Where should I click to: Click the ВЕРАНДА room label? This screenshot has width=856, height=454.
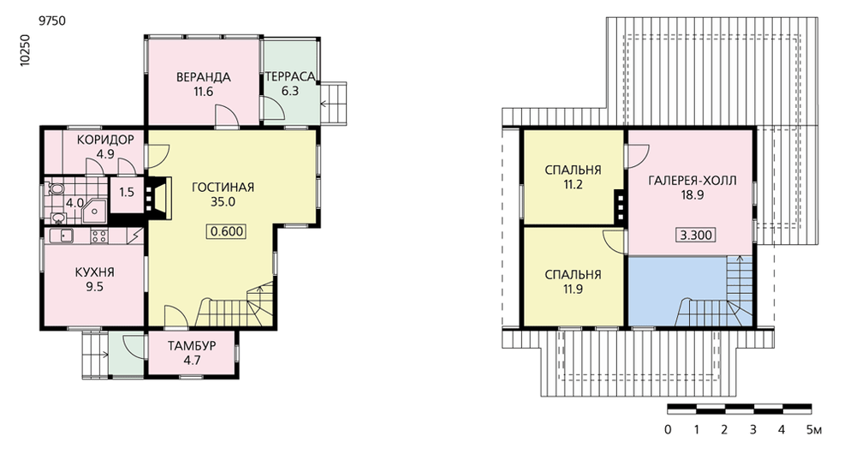203,78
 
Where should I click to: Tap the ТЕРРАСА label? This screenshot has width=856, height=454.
290,77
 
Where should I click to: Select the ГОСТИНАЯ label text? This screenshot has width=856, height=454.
223,188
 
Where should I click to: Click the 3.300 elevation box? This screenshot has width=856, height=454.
695,236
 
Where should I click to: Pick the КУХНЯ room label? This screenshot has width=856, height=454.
94,272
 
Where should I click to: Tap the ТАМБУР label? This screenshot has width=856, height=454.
192,346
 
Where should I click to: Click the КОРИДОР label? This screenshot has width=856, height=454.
105,140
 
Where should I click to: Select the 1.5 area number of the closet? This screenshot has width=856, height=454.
127,193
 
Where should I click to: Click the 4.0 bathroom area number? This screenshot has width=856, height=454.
74,203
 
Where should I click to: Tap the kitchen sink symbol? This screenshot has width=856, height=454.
62,236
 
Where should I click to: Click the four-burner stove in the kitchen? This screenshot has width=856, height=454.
98,236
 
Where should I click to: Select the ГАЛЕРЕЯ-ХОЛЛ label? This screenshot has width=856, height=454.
693,181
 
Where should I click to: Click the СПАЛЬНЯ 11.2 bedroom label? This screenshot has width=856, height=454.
573,177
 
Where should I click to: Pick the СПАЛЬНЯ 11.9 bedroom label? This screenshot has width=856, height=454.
573,281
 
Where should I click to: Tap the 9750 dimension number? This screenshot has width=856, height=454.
52,21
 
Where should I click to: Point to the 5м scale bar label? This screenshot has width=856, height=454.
813,430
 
